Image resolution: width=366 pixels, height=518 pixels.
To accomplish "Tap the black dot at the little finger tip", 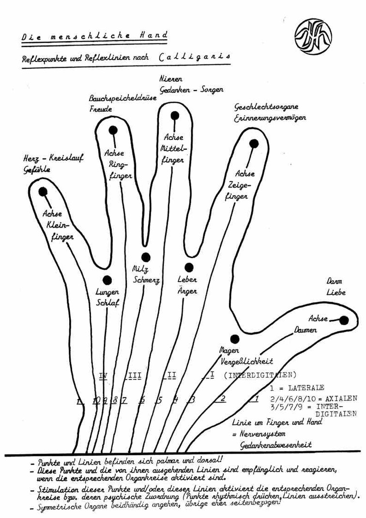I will (43, 192).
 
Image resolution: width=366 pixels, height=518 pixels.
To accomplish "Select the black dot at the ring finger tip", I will (113, 130).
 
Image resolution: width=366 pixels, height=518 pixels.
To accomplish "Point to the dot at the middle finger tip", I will (175, 115).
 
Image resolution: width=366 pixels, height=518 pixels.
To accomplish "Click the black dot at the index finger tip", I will (254, 143).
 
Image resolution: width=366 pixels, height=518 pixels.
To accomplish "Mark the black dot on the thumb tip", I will (344, 320).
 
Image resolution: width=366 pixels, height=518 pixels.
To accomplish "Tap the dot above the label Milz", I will (146, 257).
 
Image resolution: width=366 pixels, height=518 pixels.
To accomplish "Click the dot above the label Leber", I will (189, 267).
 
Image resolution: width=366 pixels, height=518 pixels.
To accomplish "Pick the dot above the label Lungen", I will (107, 280).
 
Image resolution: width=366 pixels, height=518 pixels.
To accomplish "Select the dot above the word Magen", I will (235, 339).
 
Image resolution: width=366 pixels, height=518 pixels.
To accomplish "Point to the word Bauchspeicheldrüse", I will (120, 99).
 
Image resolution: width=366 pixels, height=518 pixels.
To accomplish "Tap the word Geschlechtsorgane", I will (266, 107).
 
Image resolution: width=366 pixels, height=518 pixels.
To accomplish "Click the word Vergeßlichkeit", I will (247, 361).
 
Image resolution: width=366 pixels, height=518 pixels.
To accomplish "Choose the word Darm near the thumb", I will (335, 281).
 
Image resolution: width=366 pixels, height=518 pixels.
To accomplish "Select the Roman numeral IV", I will (103, 375).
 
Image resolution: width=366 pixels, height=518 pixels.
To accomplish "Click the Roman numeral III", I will (135, 375).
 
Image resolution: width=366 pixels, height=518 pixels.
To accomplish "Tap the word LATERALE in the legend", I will (304, 388).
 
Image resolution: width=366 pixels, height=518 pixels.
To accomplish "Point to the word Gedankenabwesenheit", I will (276, 444).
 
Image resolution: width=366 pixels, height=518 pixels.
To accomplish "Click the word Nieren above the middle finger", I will (171, 78).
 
